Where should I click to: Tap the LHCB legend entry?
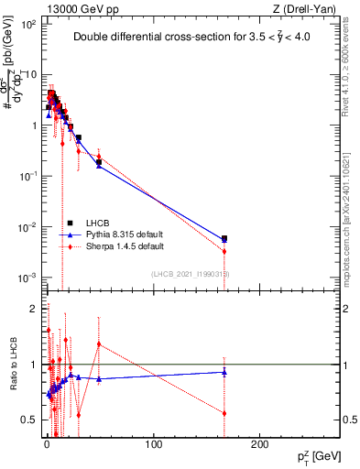tap(95, 223)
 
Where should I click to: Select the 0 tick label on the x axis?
tap(47, 444)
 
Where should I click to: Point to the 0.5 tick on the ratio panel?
tap(27, 420)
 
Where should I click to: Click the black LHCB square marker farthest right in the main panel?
tap(224, 238)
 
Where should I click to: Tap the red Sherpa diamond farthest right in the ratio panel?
tap(224, 413)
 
